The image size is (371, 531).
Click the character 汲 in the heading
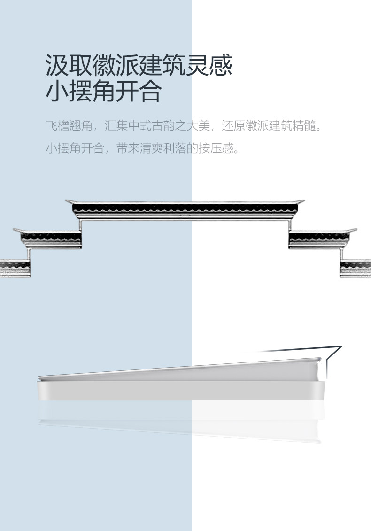[x=57, y=66]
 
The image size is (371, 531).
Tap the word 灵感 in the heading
[x=209, y=66]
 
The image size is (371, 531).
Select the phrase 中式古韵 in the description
[x=151, y=126]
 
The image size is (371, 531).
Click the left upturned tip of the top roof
[x=68, y=201]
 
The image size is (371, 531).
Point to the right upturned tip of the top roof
[x=302, y=201]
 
